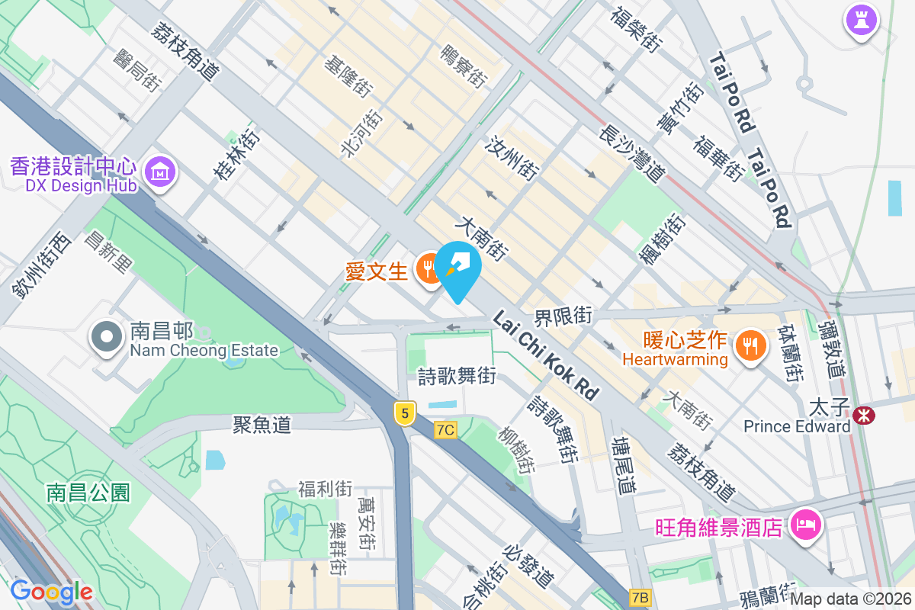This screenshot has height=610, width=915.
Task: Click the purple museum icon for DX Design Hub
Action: [x=161, y=172]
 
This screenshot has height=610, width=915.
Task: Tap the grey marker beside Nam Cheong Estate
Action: [x=107, y=337]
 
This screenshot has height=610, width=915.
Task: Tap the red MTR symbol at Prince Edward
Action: [x=864, y=416]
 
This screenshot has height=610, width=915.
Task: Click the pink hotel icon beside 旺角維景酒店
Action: [x=805, y=525]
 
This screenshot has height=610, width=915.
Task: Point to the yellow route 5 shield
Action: [x=405, y=413]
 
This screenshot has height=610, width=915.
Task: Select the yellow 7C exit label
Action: [x=445, y=430]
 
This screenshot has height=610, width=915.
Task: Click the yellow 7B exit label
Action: [x=640, y=597]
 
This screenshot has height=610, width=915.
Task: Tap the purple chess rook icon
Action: [x=862, y=18]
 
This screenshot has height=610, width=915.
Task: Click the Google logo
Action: [x=51, y=592]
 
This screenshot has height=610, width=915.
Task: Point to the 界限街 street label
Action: [x=563, y=315]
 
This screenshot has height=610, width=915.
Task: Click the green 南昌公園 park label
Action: [x=88, y=492]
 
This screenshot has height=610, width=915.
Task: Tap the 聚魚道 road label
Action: [x=262, y=425]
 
